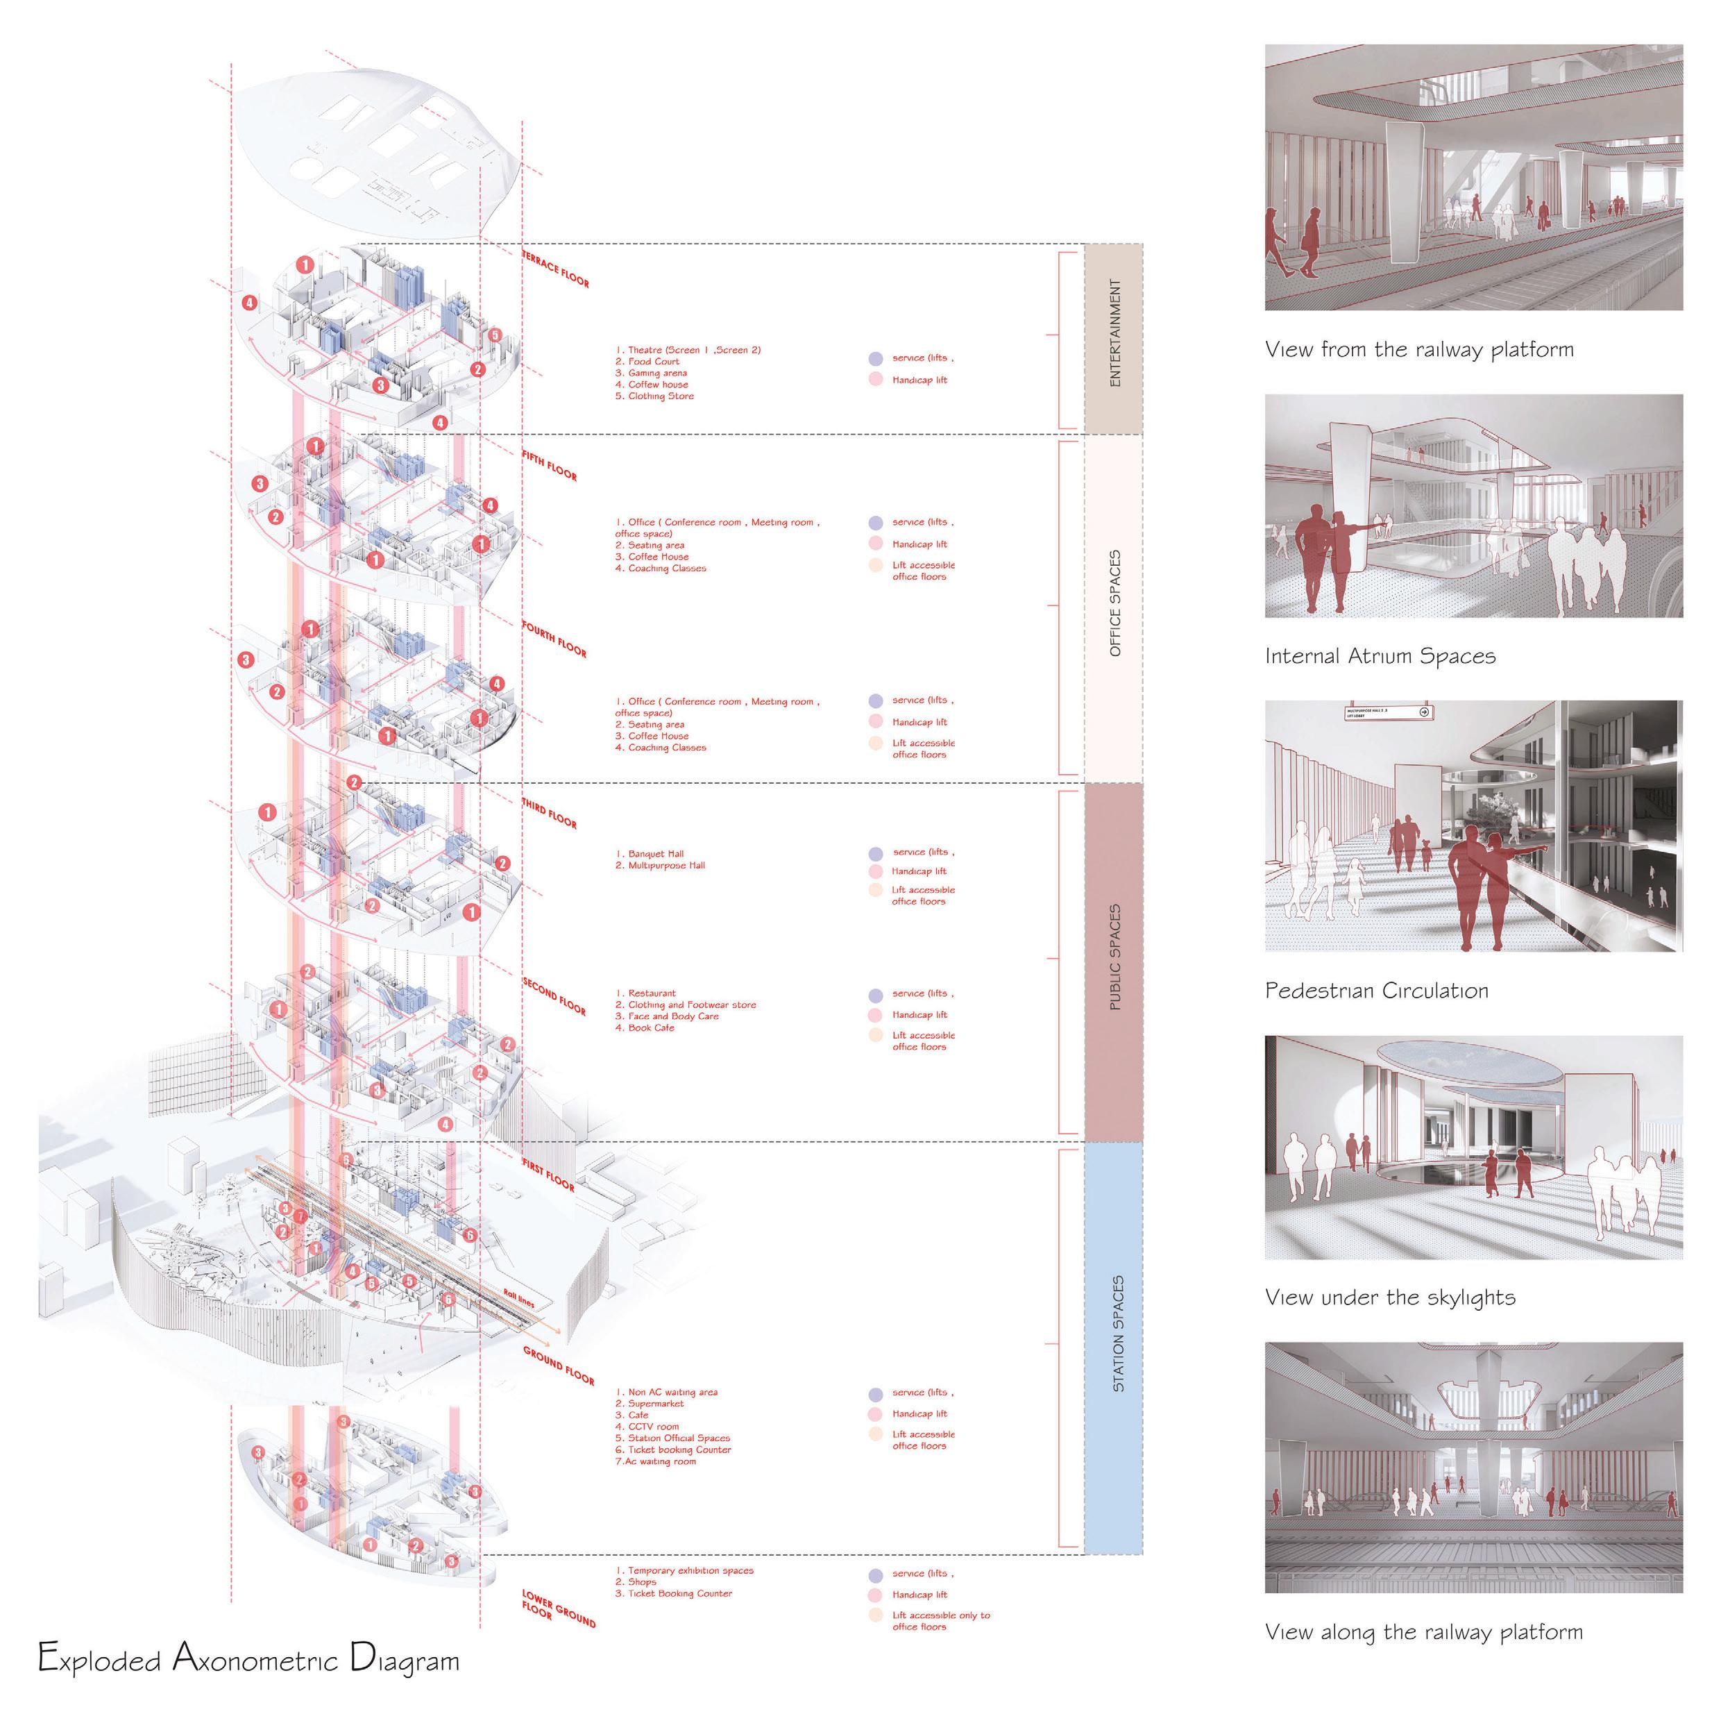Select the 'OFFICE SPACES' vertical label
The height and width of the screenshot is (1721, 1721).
click(x=1114, y=603)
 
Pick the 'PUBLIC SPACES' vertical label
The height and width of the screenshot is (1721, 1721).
click(x=1114, y=958)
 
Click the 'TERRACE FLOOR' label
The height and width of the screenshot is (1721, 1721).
click(x=556, y=268)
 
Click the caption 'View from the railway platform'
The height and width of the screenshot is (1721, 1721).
click(x=1419, y=349)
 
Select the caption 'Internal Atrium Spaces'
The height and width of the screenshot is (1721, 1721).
click(x=1380, y=657)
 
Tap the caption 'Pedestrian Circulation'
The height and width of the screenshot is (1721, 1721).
click(x=1376, y=990)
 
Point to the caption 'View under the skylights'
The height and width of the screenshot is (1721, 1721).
click(x=1389, y=1297)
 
